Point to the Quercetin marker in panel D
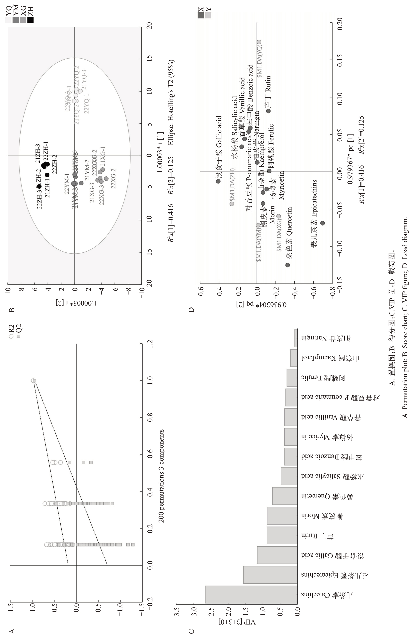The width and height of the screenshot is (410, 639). tap(288, 265)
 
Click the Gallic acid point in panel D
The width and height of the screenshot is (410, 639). tap(218, 181)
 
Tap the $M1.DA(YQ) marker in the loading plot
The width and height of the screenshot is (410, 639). tap(259, 42)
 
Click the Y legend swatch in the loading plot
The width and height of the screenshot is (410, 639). tap(208, 15)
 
